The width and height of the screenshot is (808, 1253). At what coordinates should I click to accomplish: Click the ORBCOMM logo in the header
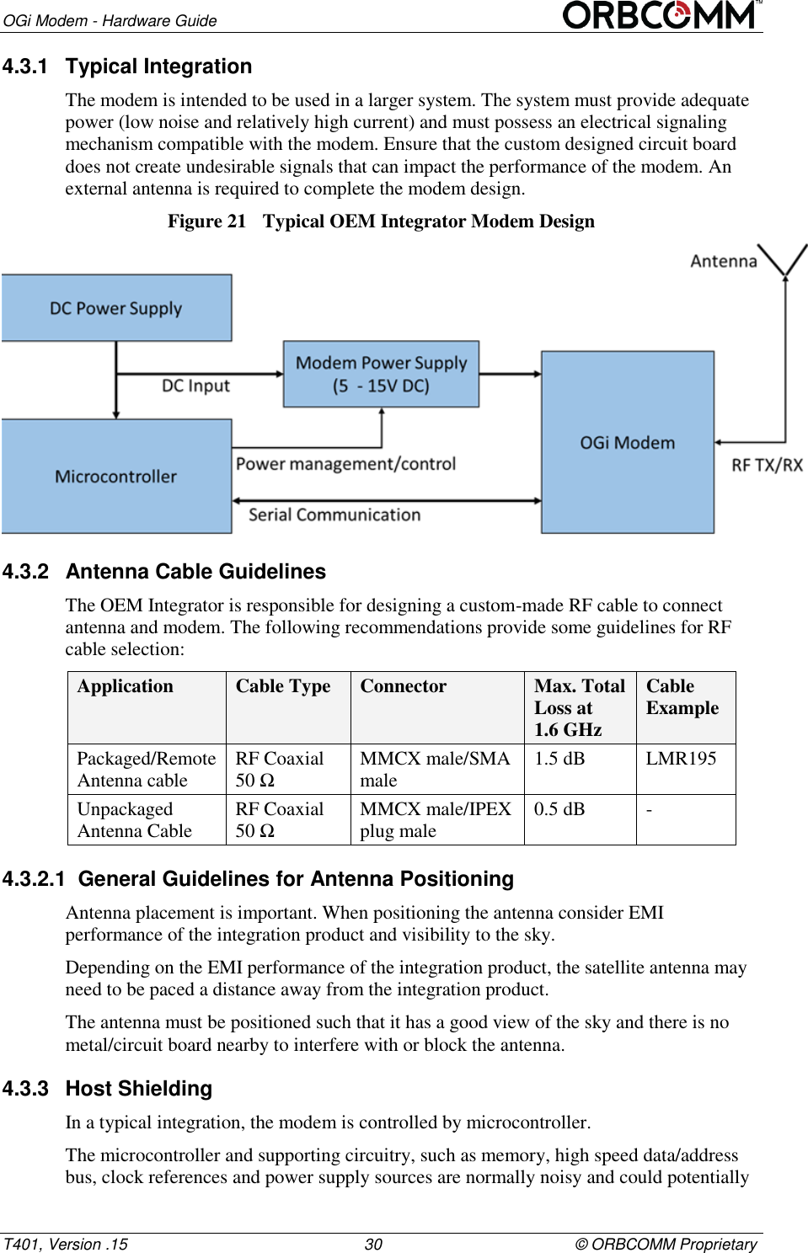point(661,15)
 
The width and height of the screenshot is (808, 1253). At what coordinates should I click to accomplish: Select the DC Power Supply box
point(116,308)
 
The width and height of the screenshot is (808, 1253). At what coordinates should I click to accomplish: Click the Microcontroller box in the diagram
point(116,477)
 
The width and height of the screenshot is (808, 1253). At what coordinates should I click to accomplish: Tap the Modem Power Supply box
point(381,374)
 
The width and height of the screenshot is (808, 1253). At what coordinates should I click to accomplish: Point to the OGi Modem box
point(627,443)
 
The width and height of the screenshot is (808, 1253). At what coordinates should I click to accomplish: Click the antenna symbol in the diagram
point(784,260)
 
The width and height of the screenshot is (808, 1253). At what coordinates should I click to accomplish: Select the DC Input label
point(195,386)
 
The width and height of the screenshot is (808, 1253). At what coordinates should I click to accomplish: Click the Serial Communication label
point(334,515)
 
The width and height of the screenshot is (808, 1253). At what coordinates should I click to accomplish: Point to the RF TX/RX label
point(767,465)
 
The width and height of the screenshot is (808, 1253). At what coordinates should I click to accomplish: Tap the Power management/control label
point(345,464)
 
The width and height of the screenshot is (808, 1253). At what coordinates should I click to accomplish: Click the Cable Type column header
point(283,686)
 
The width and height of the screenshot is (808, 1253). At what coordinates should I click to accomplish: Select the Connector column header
point(404,686)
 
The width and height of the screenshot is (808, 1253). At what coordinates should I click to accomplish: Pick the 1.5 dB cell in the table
point(559,759)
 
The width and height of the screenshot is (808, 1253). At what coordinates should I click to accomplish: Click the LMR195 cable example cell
point(681,759)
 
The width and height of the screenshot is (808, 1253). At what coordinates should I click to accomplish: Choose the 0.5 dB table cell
point(559,809)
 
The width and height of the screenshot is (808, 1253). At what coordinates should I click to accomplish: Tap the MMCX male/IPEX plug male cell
point(436,820)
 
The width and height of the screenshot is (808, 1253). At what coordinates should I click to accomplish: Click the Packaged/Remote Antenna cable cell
point(146,770)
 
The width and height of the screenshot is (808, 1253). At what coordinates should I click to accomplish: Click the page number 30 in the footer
point(373,1244)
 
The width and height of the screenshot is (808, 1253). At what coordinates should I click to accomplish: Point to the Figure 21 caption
point(381,221)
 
